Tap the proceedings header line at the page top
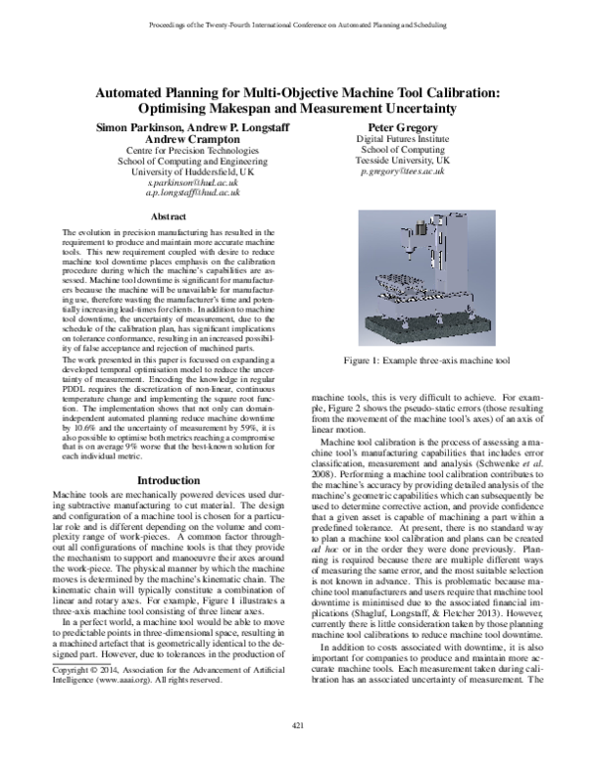(x=298, y=22)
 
